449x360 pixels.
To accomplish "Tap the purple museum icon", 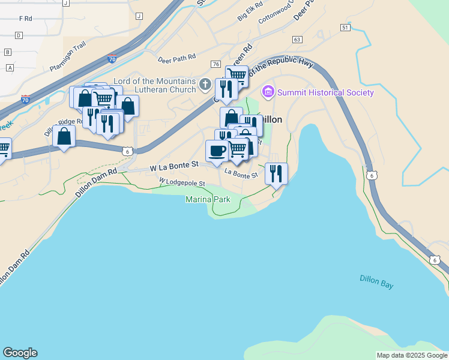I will coord(268,92).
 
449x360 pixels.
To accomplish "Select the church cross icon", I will coord(205,84).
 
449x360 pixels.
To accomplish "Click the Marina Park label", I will coord(208,199).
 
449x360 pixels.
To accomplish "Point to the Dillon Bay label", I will coord(376,281).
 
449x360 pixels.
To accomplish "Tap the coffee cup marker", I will coord(217,151).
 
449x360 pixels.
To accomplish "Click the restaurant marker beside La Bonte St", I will coord(276,174).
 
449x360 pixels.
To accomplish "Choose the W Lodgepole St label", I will coord(182,181).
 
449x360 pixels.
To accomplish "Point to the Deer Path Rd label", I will coord(177,58).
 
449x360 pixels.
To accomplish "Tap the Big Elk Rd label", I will coord(250,12).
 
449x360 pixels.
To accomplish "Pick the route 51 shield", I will coord(345,28).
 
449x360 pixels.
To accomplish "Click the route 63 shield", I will coord(297,39).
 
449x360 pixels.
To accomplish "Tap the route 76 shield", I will coord(215,64).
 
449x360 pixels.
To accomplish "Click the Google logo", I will coord(20,353).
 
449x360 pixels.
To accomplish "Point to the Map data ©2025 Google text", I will coord(412,355).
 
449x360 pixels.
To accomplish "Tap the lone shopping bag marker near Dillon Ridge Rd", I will coord(64,136).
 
